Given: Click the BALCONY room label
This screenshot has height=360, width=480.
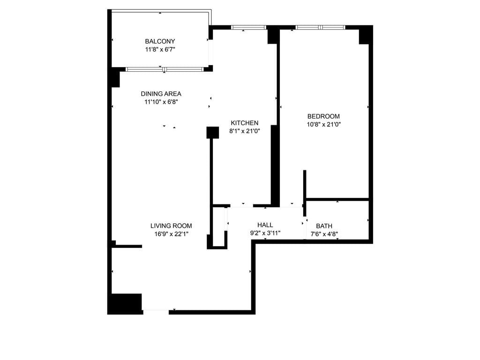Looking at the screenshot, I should click(160, 41).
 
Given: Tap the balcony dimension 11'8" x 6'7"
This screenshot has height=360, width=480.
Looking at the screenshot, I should click(160, 49).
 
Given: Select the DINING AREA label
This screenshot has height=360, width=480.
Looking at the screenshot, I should click(161, 94).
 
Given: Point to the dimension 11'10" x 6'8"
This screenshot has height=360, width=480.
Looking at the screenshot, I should click(161, 101).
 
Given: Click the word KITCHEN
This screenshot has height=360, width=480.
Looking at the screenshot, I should click(244, 123).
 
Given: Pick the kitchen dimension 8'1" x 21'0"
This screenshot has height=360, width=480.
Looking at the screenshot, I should click(244, 131).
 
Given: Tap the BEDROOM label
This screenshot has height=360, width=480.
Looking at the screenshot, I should click(323, 116).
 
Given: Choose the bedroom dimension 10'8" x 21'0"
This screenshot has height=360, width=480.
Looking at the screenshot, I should click(323, 124).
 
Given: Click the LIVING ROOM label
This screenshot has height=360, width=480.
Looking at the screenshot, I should click(171, 225).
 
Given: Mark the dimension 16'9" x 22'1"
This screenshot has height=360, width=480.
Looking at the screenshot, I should click(171, 233).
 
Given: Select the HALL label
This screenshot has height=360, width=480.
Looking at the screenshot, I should click(265, 225).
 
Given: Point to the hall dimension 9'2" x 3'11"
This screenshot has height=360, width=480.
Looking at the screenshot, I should click(265, 232).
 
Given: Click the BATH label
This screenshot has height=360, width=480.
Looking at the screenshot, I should click(324, 226).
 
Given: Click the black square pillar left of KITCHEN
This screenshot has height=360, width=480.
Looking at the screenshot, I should click(213, 133).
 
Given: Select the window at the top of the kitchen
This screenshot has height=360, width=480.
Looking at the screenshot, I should click(249, 27).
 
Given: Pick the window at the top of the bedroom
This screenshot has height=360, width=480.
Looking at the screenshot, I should click(321, 27).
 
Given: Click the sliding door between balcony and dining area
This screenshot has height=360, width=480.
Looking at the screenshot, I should click(165, 69).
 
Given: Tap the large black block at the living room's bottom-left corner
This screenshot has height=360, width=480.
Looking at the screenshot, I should click(125, 303).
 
